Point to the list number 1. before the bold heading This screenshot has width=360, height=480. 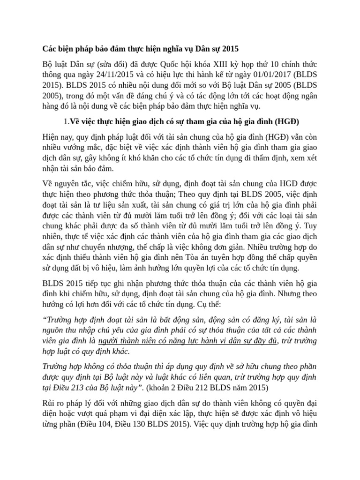(x=66, y=122)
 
